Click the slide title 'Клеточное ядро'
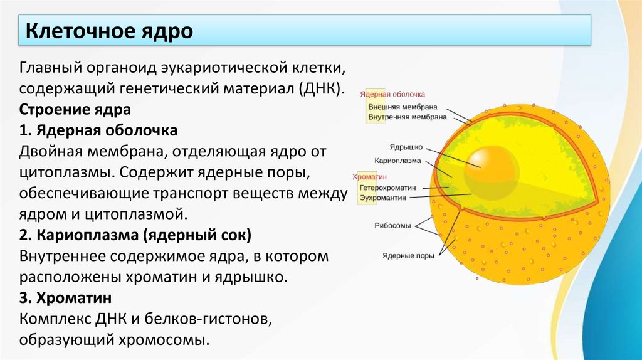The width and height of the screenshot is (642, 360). click(108, 30)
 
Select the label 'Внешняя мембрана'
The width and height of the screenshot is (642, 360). click(403, 107)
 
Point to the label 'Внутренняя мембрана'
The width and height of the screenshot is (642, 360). click(407, 117)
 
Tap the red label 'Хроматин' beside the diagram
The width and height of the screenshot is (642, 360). click(371, 177)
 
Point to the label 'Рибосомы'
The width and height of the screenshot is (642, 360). click(392, 225)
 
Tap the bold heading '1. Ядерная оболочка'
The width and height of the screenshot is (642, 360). click(99, 130)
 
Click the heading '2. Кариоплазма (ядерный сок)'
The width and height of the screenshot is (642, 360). click(135, 236)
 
